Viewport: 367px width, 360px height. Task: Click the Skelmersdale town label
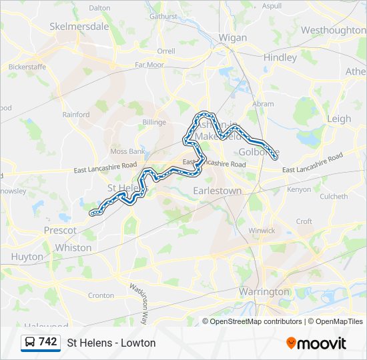79,27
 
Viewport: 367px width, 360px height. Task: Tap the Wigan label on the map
233,37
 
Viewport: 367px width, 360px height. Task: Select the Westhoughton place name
332,30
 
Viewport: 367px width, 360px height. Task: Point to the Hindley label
280,57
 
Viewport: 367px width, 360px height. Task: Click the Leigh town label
338,119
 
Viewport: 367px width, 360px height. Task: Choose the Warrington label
264,291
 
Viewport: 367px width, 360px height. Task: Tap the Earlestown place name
217,190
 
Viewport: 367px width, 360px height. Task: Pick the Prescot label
60,230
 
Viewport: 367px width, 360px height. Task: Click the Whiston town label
73,247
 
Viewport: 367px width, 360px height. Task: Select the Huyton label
27,257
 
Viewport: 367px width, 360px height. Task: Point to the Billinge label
153,122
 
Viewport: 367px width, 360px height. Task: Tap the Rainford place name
76,115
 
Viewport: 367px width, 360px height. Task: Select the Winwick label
262,231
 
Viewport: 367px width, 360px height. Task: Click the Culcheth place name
334,197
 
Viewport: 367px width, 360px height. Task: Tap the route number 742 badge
47,342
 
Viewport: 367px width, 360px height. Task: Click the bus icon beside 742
30,343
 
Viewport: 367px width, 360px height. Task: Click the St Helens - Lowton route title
111,343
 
